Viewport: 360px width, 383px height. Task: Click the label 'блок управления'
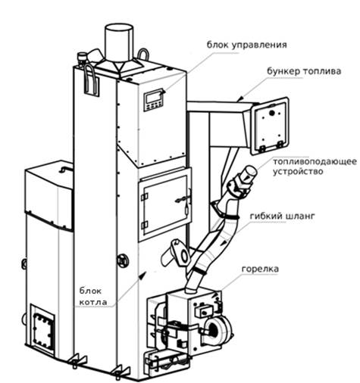(246, 45)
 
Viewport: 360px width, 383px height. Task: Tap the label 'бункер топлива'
(304, 71)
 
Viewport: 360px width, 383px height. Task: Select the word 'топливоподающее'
(315, 162)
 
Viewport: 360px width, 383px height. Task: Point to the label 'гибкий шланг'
(282, 216)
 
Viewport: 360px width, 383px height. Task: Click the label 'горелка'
(260, 269)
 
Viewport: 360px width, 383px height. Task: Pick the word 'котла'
(93, 302)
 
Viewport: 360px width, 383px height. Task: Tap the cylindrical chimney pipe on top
(119, 43)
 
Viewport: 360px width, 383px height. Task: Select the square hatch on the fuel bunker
(270, 126)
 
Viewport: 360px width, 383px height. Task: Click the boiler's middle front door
(164, 204)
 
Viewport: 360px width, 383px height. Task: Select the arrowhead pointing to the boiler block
(142, 275)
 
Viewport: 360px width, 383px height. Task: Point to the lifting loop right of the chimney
(143, 54)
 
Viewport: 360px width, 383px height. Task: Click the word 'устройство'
(298, 172)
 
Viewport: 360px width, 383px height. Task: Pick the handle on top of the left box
(65, 168)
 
